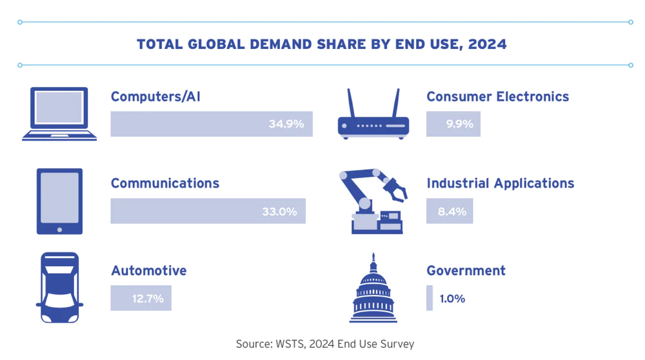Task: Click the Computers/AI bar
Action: tap(212, 124)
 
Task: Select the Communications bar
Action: tap(208, 211)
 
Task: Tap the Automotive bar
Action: tap(141, 298)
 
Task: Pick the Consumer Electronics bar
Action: tap(453, 124)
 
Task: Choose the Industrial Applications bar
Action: tap(450, 211)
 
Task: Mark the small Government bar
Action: tap(430, 298)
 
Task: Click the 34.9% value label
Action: tap(286, 124)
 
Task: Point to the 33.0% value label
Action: tap(279, 211)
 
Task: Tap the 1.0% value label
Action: tap(452, 299)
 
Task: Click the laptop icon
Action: tap(59, 115)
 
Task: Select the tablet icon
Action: tap(59, 201)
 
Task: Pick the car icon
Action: tap(59, 288)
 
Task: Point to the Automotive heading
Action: tap(148, 270)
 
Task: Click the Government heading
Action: tap(466, 270)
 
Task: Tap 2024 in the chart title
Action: tap(488, 45)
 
